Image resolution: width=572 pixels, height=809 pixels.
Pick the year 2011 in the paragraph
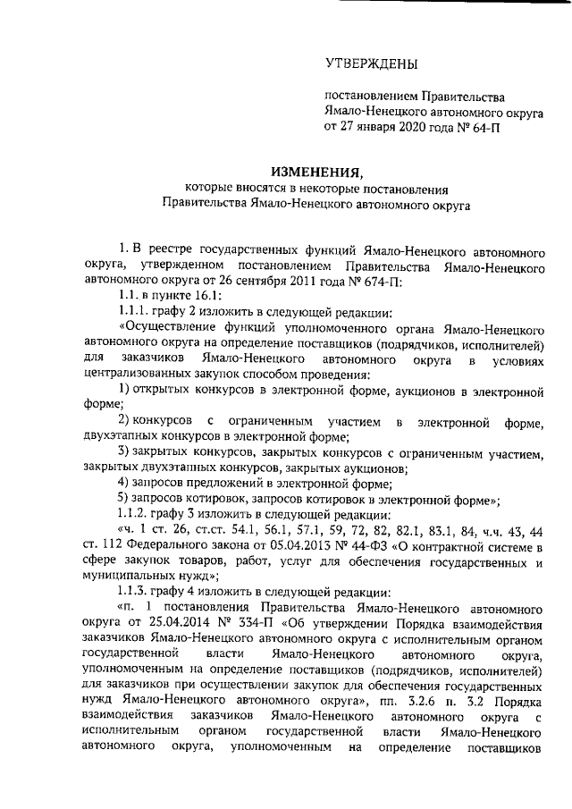coord(317,282)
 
